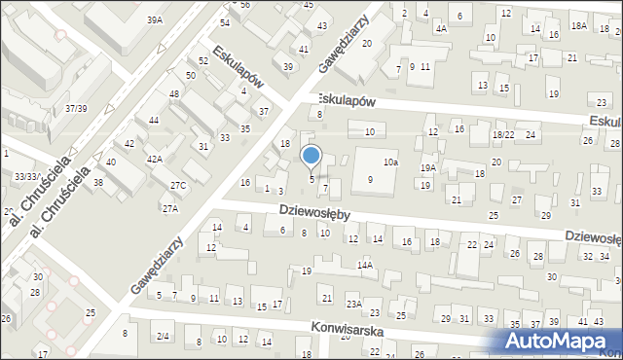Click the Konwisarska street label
pos(348,331)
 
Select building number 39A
pos(155,19)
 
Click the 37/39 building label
pos(76,108)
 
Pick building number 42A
pos(154,159)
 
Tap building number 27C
pos(178,185)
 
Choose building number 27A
pos(170,208)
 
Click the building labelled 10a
pos(390,162)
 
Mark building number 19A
pos(427,168)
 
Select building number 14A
pos(365,265)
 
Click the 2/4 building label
pos(164,337)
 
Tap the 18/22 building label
pos(503,134)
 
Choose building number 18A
pos(579,25)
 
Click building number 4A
pos(441,28)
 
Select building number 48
pos(174,93)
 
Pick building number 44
pos(154,120)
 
